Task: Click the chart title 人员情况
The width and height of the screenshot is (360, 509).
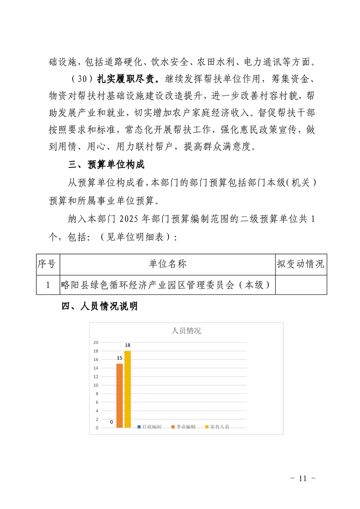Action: (x=186, y=331)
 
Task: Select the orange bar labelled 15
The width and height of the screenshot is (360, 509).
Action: (x=119, y=395)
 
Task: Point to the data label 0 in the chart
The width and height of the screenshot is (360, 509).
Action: (x=111, y=422)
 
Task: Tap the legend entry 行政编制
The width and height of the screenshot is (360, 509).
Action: (x=149, y=427)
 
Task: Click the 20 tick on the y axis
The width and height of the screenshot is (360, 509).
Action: (x=96, y=342)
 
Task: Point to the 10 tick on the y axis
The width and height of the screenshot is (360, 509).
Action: (x=96, y=385)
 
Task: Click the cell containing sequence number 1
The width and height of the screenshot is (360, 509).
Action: (x=48, y=285)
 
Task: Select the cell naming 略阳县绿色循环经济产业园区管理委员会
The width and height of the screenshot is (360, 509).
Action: (x=168, y=285)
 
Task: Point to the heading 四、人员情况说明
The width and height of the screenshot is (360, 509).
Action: (x=99, y=307)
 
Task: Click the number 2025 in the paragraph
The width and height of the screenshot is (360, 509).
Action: (x=131, y=219)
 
